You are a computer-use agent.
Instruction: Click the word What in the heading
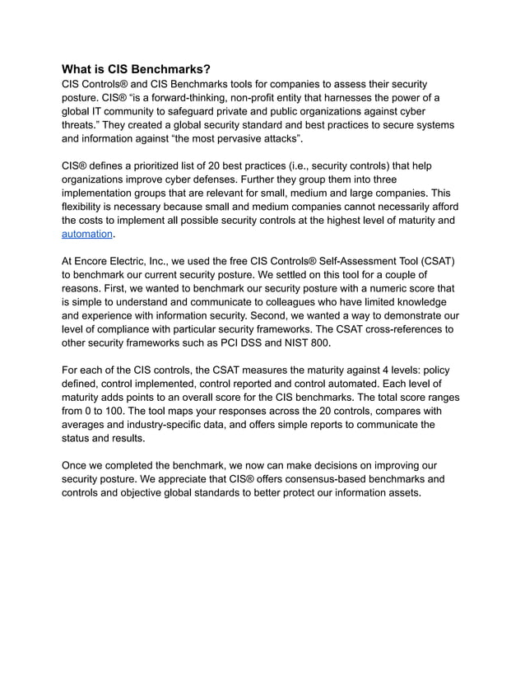click(x=78, y=70)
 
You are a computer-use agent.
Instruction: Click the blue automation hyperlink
click(x=87, y=234)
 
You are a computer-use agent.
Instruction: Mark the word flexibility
click(x=85, y=206)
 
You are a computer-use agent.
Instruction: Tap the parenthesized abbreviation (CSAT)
click(x=431, y=261)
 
